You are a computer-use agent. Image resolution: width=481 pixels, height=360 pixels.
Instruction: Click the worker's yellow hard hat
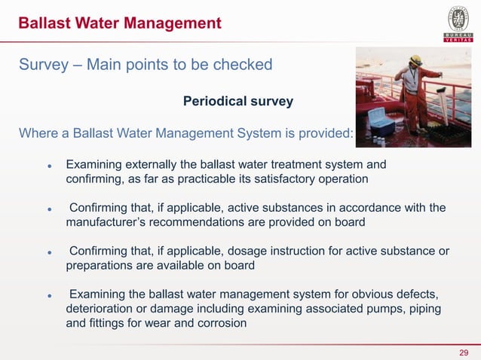pos(415,59)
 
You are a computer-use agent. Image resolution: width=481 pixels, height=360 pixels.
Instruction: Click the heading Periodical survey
pos(237,100)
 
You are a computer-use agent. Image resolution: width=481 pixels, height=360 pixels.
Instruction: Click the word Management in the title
pos(162,23)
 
